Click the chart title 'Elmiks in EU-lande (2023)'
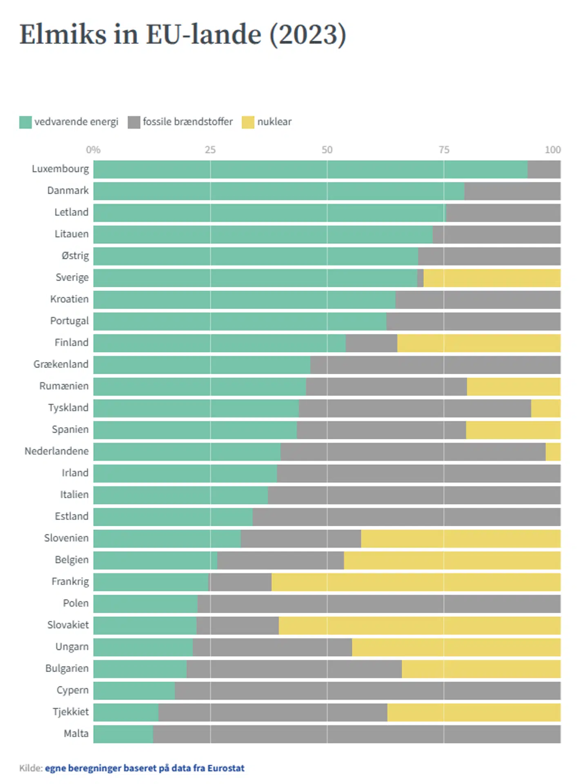[183, 34]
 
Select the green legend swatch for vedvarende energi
[25, 122]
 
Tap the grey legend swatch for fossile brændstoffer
[134, 122]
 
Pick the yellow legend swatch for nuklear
[248, 122]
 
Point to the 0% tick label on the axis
[93, 150]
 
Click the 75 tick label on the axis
[444, 150]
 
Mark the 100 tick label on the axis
[552, 150]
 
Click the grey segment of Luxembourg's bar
[544, 170]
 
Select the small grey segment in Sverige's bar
[420, 278]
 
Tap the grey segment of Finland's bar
[371, 343]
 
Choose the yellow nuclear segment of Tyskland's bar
[546, 408]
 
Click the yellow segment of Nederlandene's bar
[553, 452]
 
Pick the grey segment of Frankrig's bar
[240, 582]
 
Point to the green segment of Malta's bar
[123, 734]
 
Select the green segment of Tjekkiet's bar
[126, 713]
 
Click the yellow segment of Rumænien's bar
[513, 386]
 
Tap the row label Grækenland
[61, 364]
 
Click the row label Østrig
[75, 256]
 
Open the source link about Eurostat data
[145, 768]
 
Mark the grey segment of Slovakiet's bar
[238, 625]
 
